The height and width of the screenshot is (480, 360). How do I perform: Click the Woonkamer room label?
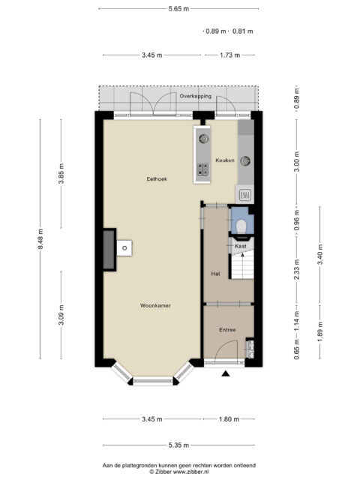155,305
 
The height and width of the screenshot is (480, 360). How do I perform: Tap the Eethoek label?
157,179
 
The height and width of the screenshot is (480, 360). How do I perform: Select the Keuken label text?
225,160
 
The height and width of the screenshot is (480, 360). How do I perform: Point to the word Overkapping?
195,96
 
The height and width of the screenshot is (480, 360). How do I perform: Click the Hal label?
215,274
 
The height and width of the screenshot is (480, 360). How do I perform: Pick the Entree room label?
227,330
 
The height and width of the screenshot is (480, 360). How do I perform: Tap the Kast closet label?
240,246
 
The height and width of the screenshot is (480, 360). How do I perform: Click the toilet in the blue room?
242,226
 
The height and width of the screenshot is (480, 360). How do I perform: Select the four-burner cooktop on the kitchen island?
203,169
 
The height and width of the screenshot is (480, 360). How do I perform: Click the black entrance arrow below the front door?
226,373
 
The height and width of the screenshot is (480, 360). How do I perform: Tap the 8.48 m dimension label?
40,238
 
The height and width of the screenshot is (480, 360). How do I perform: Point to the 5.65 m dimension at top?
178,9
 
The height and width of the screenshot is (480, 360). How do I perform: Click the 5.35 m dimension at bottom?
178,445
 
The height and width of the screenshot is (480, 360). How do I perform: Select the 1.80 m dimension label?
229,419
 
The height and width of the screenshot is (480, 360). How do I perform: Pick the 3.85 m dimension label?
61,173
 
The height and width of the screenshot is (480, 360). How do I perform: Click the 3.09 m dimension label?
61,315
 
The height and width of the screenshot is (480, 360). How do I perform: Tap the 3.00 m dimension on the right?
297,162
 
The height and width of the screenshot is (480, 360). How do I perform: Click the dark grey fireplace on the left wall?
109,250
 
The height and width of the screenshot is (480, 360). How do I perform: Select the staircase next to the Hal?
242,265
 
